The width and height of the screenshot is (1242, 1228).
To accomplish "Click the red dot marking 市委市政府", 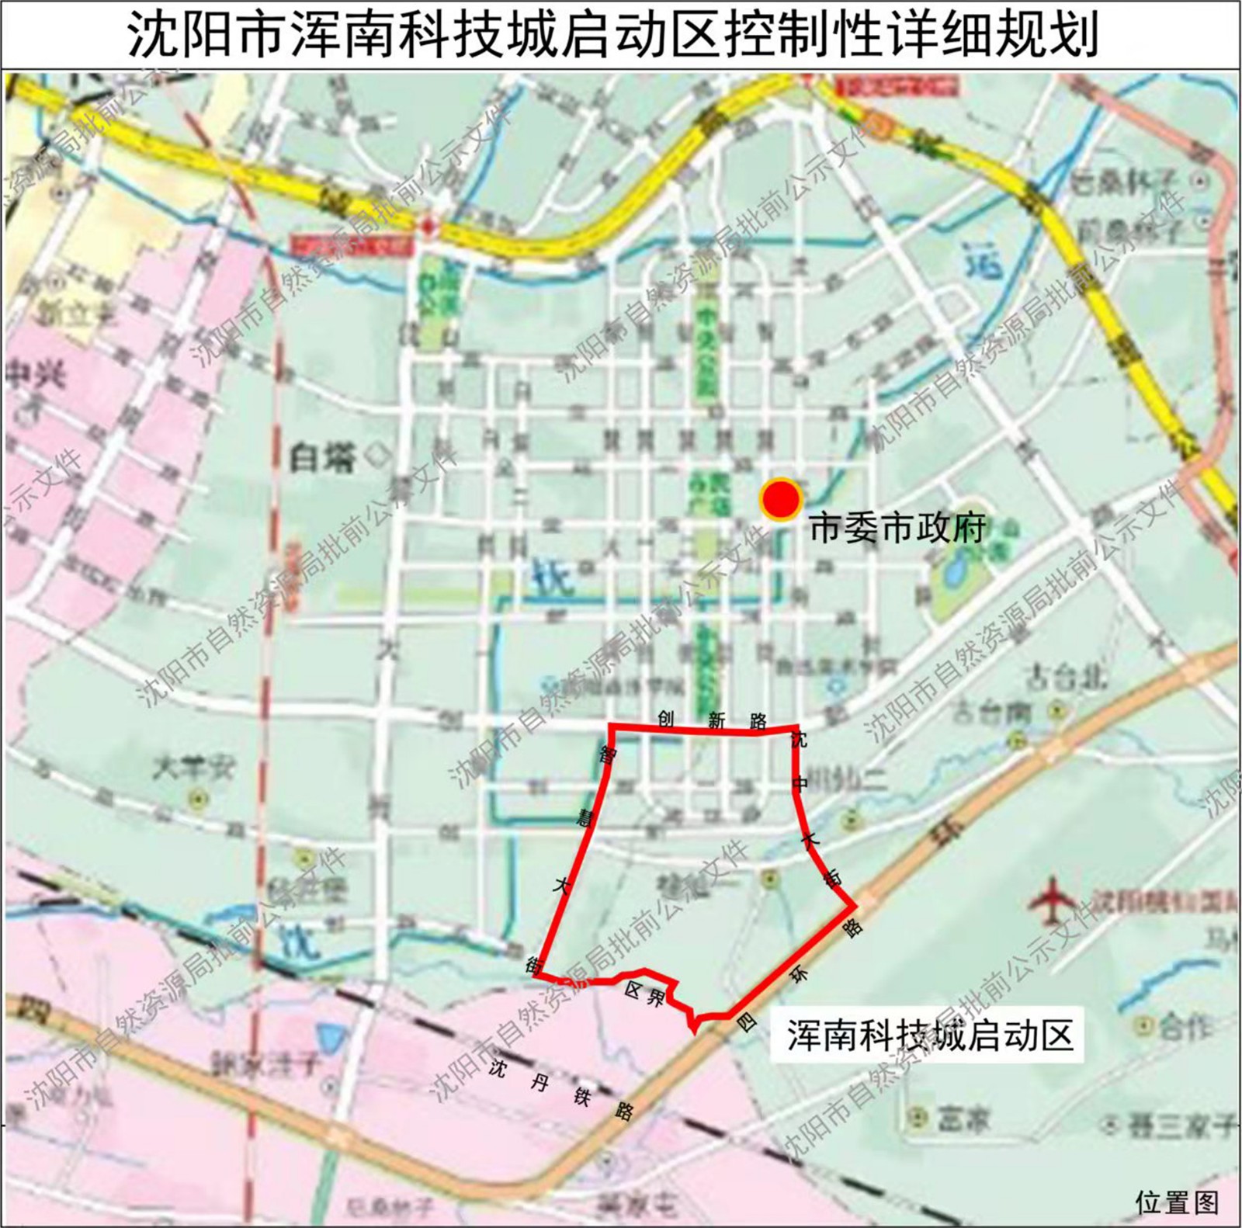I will click(780, 500).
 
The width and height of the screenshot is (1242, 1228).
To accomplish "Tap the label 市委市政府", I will click(897, 529).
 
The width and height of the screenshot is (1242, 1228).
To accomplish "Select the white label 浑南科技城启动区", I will click(930, 1035).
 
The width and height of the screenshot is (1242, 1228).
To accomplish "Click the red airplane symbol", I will click(1052, 900).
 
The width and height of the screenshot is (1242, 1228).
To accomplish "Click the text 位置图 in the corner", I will click(1177, 1202).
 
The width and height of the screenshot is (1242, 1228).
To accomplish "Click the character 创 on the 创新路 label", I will click(665, 718).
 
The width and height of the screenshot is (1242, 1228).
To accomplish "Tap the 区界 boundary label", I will click(644, 995).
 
